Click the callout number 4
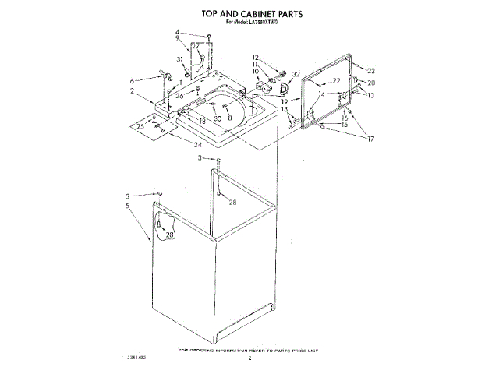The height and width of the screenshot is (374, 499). [178, 33]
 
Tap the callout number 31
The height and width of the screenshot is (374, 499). [179, 59]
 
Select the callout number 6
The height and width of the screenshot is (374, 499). [133, 80]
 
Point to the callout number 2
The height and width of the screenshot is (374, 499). [132, 91]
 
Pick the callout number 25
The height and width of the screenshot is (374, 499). [140, 126]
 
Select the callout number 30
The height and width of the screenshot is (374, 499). [218, 118]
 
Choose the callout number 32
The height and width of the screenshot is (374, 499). [296, 74]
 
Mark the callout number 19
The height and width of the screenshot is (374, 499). [285, 101]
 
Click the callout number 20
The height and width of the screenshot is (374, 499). [371, 83]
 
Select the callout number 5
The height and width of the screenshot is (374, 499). [126, 206]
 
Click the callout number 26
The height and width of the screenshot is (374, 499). [179, 96]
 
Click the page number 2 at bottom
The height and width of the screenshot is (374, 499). [249, 359]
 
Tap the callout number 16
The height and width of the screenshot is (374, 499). [344, 118]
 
